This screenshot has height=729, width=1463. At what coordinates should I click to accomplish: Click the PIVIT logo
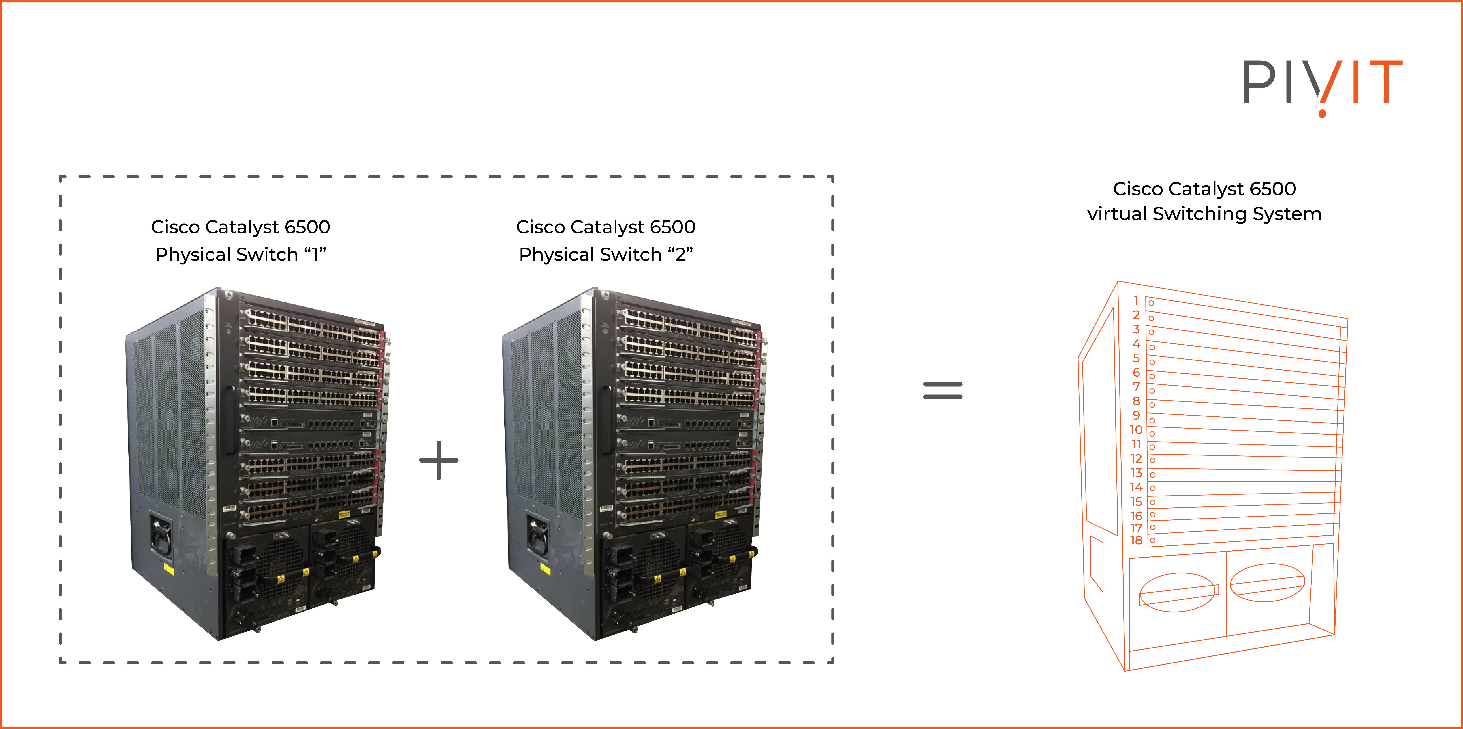click(1322, 85)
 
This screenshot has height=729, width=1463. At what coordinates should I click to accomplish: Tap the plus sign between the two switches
click(439, 460)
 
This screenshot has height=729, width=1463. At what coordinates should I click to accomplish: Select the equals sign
click(943, 390)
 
